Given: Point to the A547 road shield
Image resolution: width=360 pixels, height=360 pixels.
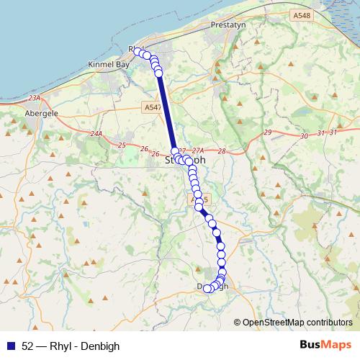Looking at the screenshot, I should point(150,107).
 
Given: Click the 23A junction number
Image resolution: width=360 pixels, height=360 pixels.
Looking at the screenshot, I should point(35,98).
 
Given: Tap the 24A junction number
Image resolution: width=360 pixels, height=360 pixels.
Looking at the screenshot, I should point(96,134).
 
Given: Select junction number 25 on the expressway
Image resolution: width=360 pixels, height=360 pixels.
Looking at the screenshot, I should point(122,145).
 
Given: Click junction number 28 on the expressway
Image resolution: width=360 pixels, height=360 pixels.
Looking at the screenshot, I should point(220,150).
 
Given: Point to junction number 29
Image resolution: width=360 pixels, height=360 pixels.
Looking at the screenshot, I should point(268,132).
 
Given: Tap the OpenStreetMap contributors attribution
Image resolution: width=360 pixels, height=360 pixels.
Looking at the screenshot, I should point(297,322).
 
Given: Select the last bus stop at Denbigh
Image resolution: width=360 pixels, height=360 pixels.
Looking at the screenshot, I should point(207,289).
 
